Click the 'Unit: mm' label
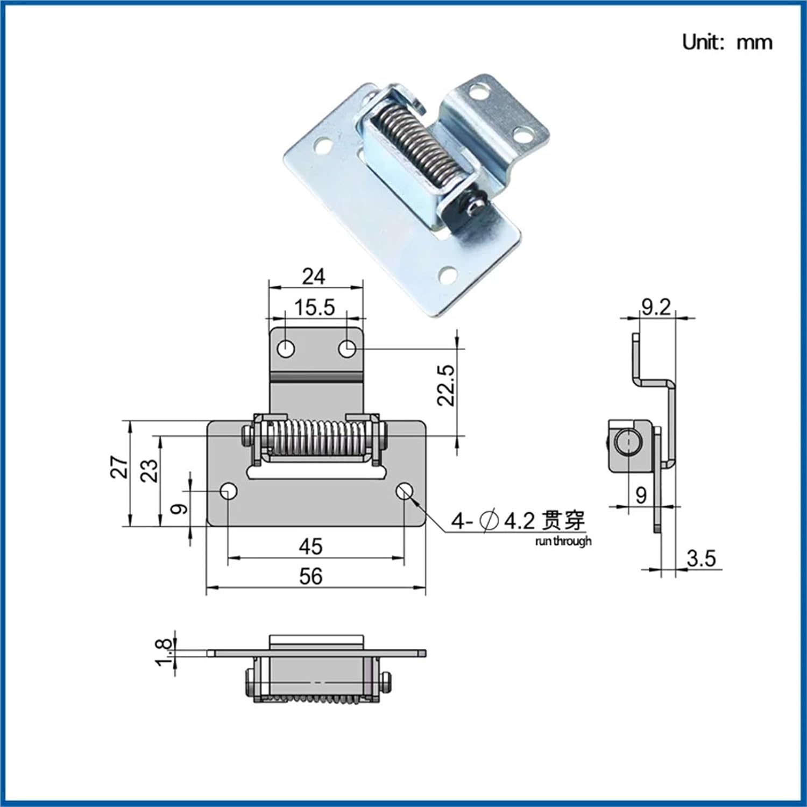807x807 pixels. click(727, 42)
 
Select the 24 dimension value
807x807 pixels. click(313, 277)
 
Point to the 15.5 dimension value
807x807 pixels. click(315, 308)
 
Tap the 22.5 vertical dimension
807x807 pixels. click(446, 385)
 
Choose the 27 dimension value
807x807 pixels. click(119, 466)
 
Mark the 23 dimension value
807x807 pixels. click(150, 470)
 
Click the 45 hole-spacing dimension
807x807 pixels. click(310, 547)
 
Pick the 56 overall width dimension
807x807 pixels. click(310, 577)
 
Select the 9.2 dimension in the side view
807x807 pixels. click(656, 307)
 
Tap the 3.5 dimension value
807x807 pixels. click(701, 558)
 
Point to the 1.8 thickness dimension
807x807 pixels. click(165, 652)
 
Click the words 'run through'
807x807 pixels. click(563, 541)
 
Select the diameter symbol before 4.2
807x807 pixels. click(489, 521)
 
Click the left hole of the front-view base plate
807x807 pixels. click(229, 491)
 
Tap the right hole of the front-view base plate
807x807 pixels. click(405, 491)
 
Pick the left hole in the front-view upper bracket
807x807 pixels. click(286, 349)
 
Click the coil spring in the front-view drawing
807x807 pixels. click(315, 438)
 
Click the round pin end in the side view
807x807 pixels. click(627, 444)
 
